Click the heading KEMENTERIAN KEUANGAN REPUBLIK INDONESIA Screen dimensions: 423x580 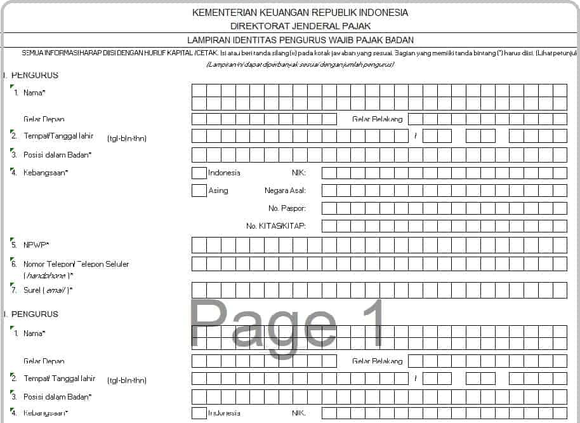(300, 13)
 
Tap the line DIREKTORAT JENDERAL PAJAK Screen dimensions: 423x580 (300, 26)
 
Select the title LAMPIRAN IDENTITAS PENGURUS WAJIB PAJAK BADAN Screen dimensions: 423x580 (300, 39)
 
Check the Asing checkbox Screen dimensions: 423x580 (199, 190)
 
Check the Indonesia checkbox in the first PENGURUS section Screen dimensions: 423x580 (199, 173)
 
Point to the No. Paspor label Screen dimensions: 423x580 (287, 208)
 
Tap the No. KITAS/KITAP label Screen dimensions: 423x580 (276, 226)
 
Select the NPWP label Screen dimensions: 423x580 (36, 245)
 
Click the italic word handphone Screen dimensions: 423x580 (48, 275)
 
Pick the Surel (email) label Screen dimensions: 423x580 (48, 290)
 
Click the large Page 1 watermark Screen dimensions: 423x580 (288, 324)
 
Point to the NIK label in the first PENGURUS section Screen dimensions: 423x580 (298, 173)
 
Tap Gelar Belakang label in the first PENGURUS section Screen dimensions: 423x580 (377, 119)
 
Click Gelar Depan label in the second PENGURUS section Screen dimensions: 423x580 (44, 361)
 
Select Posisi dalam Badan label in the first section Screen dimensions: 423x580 (57, 155)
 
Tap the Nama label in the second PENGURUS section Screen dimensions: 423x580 (34, 333)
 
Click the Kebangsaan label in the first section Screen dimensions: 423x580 (46, 173)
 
